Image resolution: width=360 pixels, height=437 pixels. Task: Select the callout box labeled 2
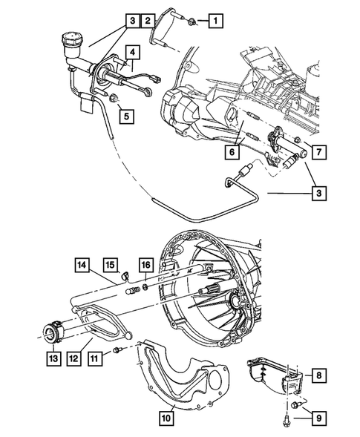pos(149,20)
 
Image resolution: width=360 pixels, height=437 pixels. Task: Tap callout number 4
pos(131,52)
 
